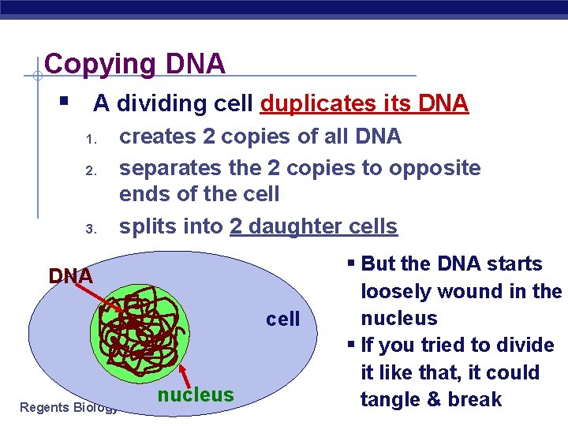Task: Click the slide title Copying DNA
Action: [135, 63]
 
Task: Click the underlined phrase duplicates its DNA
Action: [364, 103]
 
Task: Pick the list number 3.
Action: [91, 229]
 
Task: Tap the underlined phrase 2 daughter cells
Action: [313, 226]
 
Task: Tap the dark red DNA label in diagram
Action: [71, 276]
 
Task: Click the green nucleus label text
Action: [196, 394]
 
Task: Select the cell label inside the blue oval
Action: [283, 319]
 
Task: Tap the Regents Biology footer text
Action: [68, 407]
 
